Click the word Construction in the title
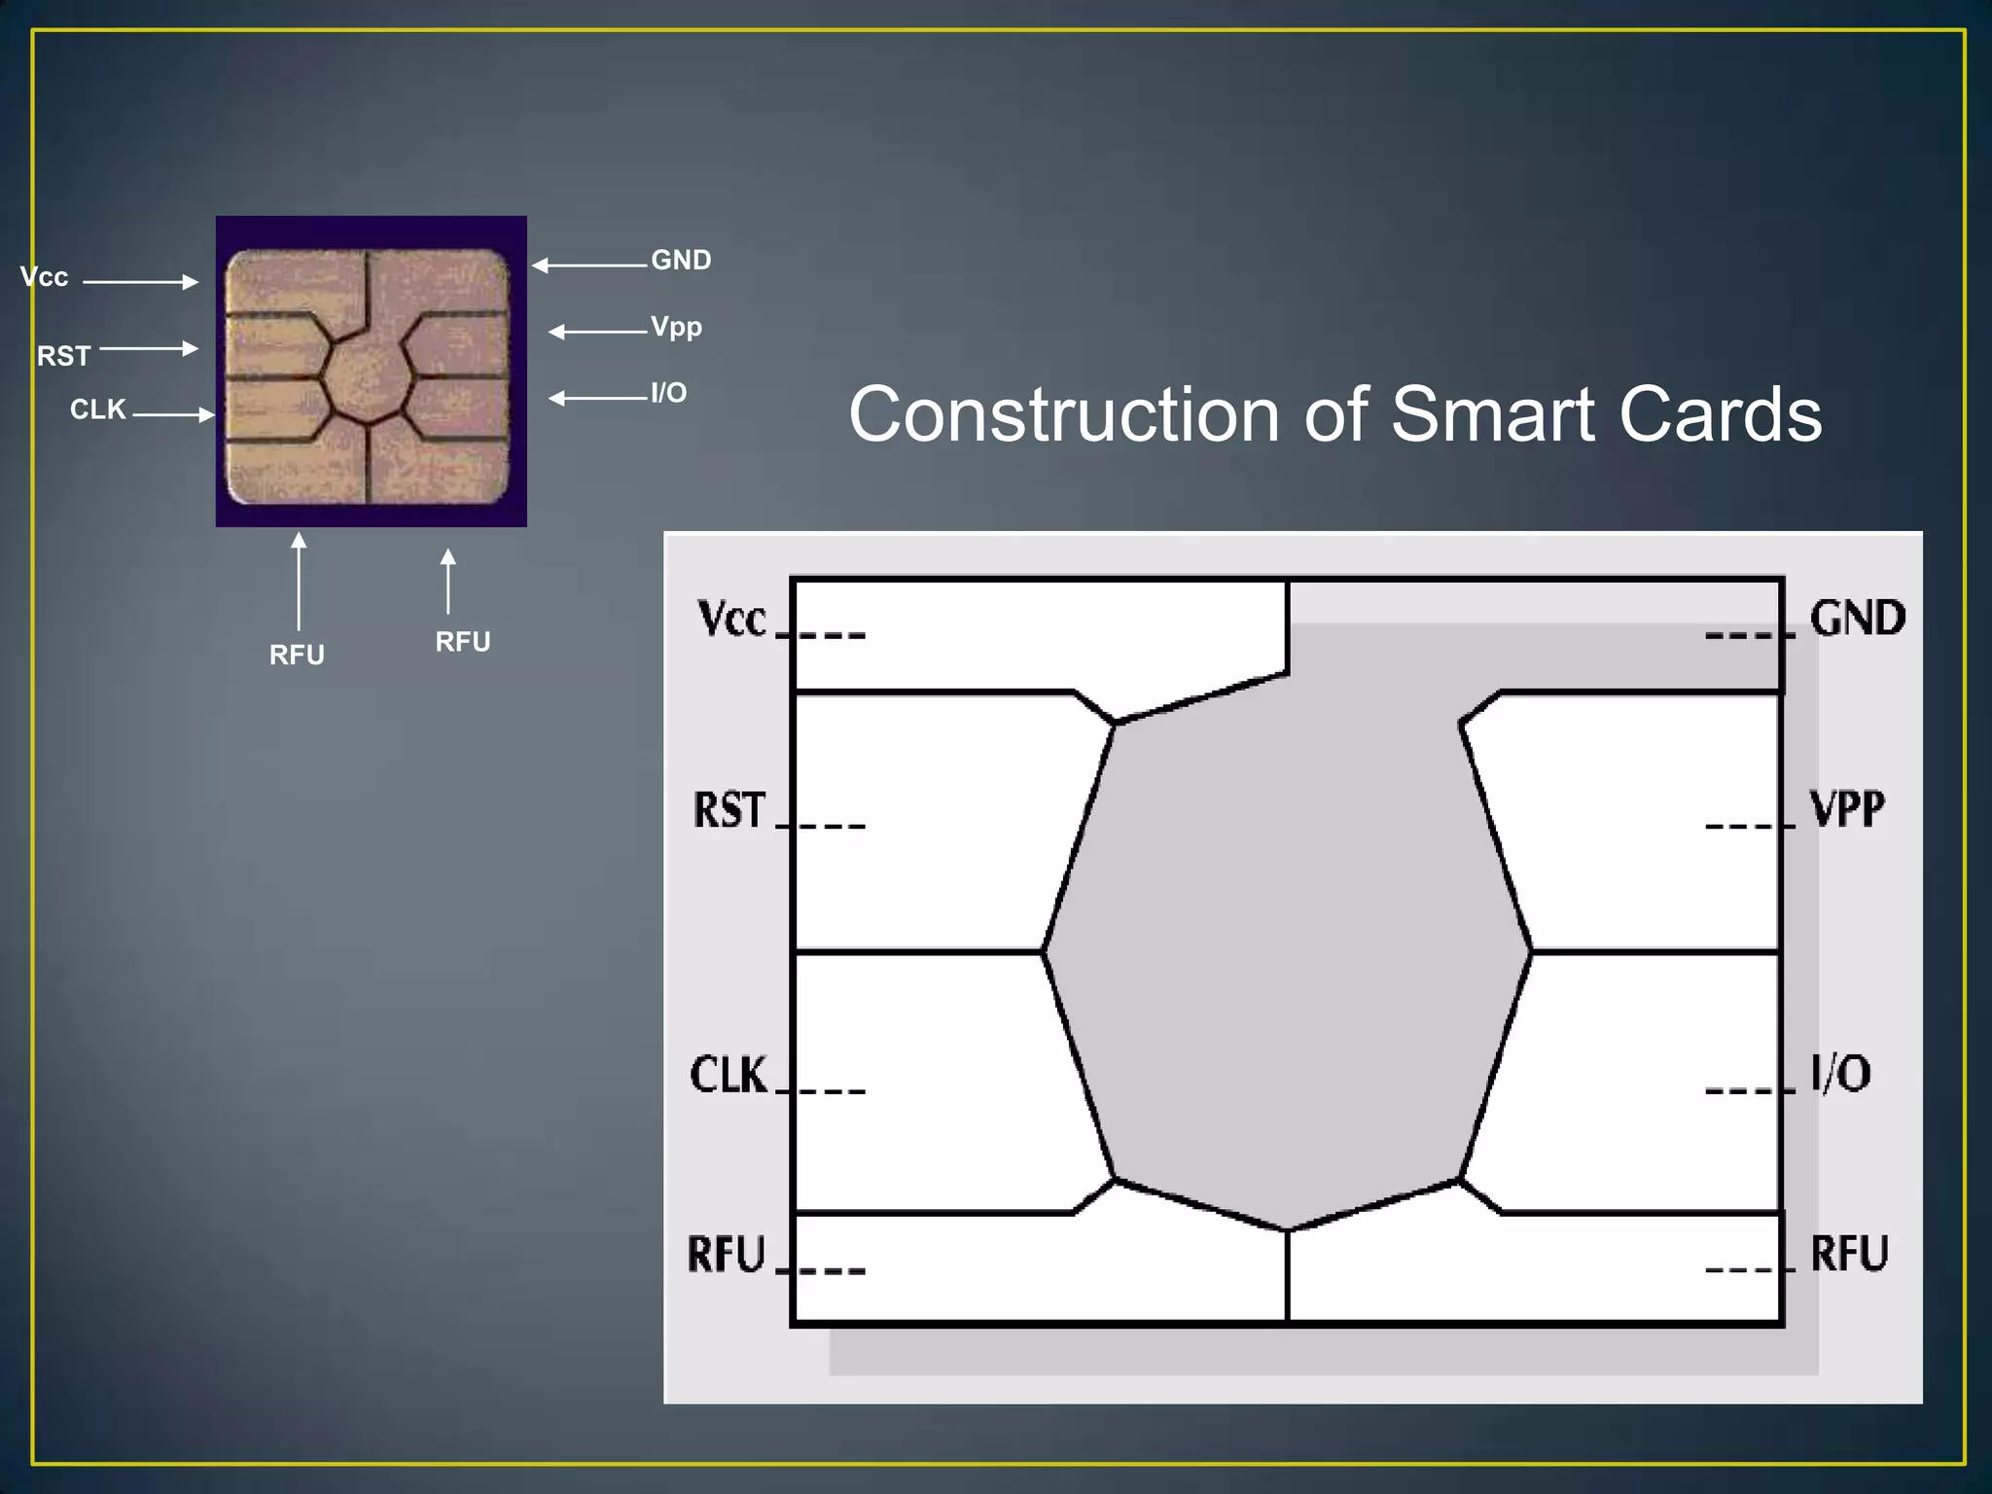point(1064,414)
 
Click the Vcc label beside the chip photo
point(45,277)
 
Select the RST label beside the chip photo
point(64,356)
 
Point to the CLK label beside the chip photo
point(98,409)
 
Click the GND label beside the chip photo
point(681,260)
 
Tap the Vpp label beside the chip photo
point(676,327)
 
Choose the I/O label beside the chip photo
point(669,393)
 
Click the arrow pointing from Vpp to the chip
point(598,332)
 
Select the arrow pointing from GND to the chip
point(589,265)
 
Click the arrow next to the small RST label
point(149,348)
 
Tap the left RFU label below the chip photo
point(297,655)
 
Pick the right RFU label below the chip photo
point(463,642)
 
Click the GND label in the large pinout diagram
point(1857,619)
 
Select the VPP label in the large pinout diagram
point(1847,809)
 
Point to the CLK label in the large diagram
point(729,1075)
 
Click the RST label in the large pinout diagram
point(729,810)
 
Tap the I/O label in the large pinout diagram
point(1840,1074)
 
